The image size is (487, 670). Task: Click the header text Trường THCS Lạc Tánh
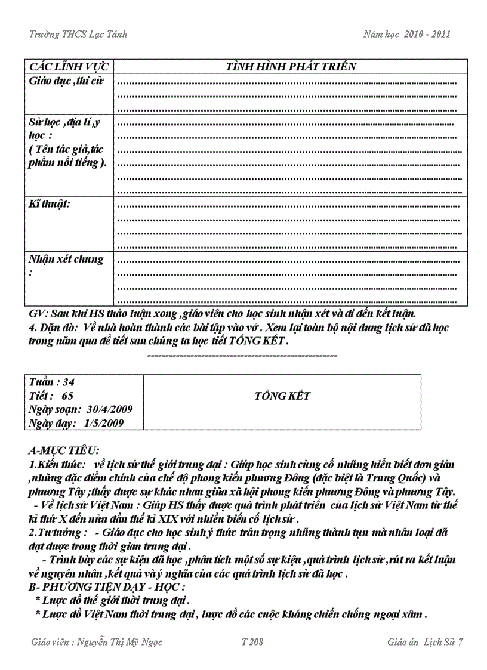coord(78,34)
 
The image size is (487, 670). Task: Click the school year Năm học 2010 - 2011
coord(406,34)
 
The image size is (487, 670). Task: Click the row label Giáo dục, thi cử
coord(66,81)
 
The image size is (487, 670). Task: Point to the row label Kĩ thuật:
coord(49,204)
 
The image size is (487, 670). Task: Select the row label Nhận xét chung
coord(66,260)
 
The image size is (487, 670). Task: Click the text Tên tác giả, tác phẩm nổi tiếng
coord(68,156)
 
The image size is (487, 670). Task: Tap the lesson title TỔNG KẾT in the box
coord(282,396)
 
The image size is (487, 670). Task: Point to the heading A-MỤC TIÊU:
coord(64,449)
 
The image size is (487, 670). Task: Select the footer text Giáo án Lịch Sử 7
coord(425,642)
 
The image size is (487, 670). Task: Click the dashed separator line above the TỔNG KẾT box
coord(242,356)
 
